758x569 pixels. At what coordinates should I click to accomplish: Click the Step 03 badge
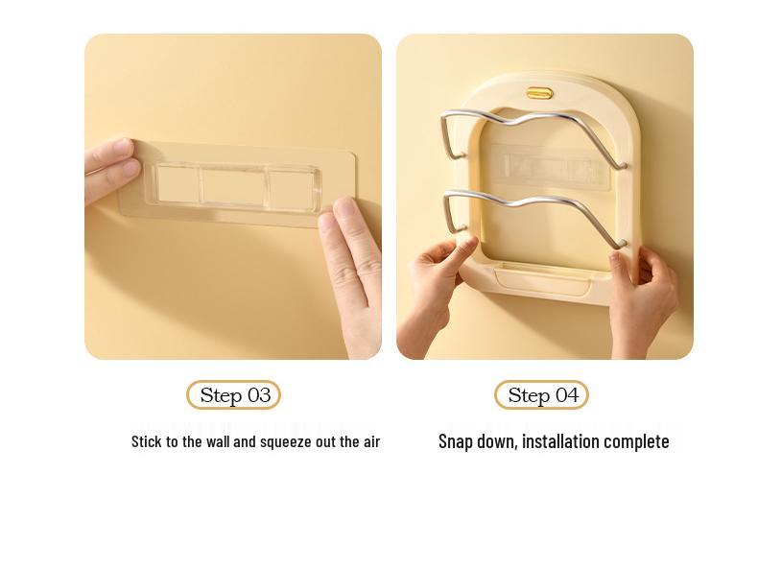pos(233,395)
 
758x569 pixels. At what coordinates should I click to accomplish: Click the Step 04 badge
pos(541,395)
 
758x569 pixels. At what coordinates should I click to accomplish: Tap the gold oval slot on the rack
pos(539,93)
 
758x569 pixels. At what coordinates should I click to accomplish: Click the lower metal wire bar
pos(533,202)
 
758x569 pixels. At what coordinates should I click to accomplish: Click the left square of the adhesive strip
pos(177,184)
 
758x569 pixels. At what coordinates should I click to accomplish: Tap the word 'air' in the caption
pos(369,441)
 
